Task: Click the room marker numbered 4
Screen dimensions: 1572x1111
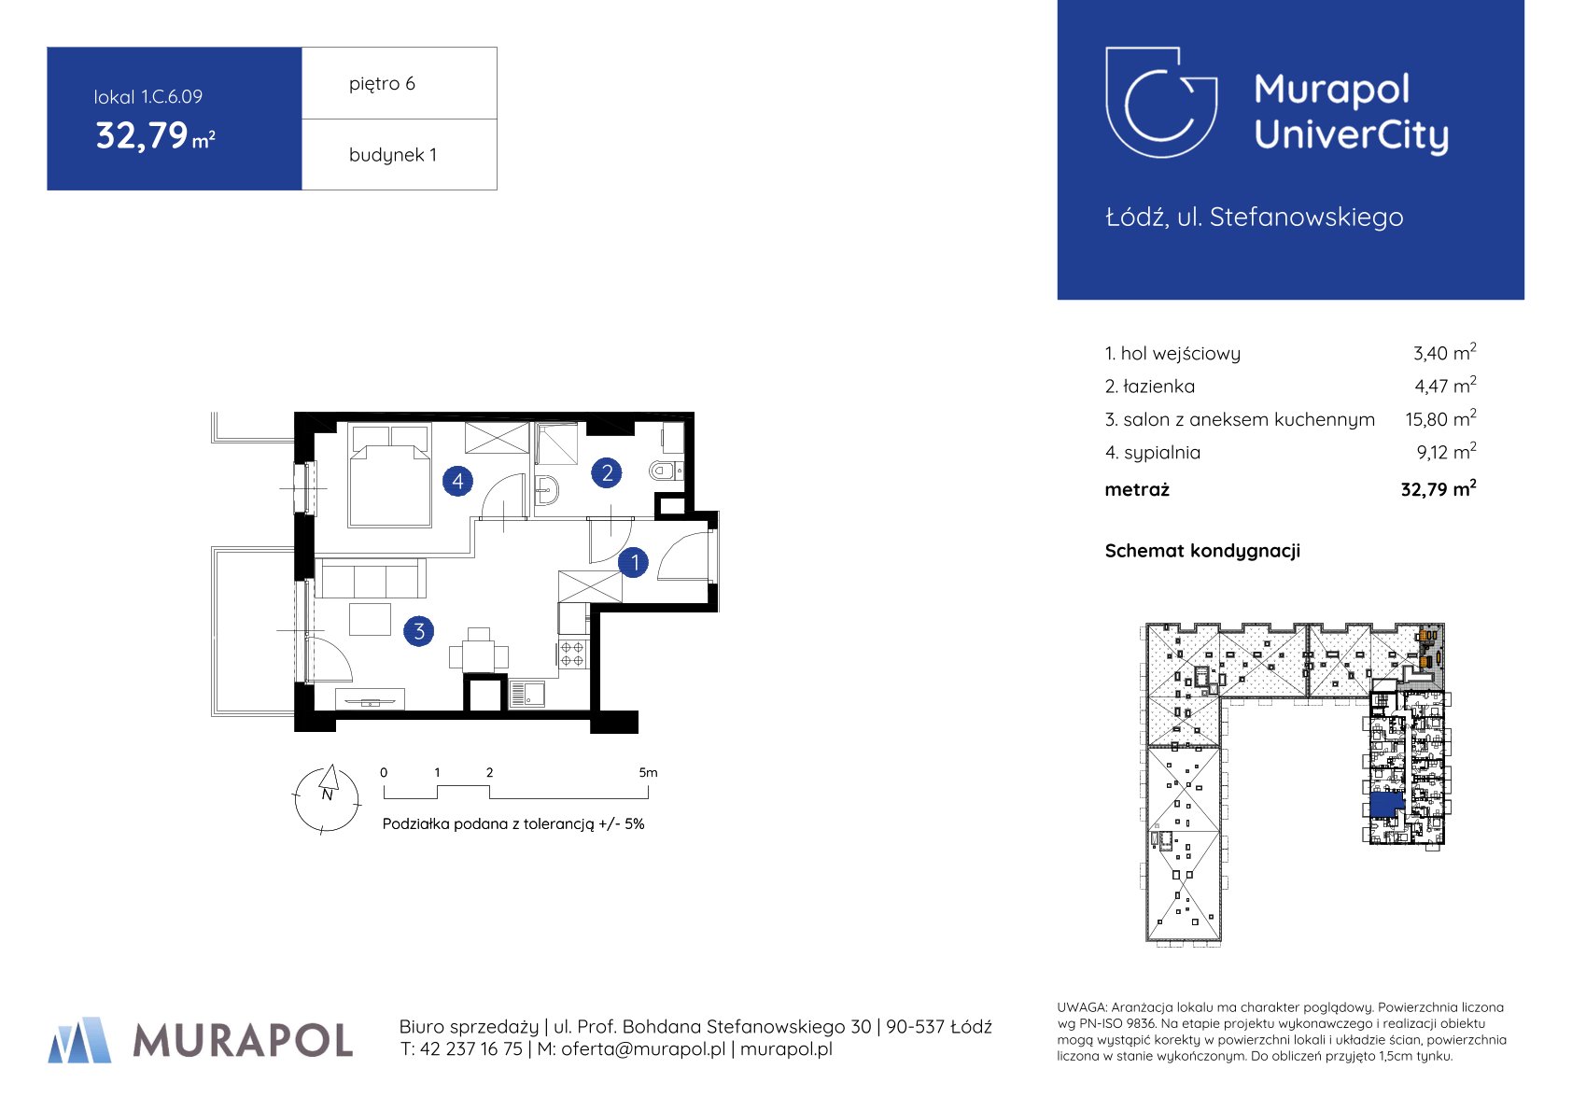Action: point(457,482)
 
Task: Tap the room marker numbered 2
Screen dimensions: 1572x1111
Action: point(607,473)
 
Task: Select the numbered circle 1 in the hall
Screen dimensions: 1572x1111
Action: point(634,563)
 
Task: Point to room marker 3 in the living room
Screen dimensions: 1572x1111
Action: point(419,632)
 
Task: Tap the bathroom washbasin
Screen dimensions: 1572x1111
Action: point(547,489)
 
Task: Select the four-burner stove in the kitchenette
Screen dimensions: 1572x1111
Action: point(572,654)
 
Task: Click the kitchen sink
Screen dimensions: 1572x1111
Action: point(527,695)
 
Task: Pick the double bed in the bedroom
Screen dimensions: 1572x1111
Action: point(389,476)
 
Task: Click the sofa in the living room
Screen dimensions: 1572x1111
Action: point(371,578)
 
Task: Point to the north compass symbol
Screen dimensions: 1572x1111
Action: point(327,798)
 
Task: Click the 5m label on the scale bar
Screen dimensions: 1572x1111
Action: point(649,773)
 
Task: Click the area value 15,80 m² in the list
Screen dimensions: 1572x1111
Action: point(1440,419)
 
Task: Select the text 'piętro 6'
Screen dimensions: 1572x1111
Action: point(383,84)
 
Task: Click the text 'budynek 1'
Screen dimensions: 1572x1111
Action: point(393,155)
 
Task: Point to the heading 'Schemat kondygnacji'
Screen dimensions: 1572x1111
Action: point(1203,552)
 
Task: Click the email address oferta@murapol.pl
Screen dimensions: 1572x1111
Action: point(643,1049)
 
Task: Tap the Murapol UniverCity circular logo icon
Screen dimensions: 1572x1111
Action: point(1161,103)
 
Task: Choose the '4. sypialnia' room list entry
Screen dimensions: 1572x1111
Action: point(1152,453)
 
